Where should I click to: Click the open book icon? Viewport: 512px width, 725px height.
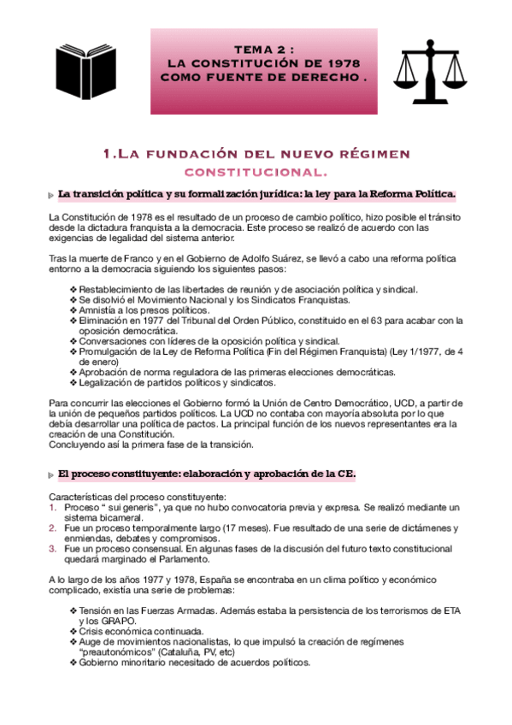(x=85, y=67)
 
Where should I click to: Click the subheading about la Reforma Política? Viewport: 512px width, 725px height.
(x=257, y=194)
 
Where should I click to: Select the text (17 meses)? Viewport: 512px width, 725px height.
(x=242, y=528)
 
